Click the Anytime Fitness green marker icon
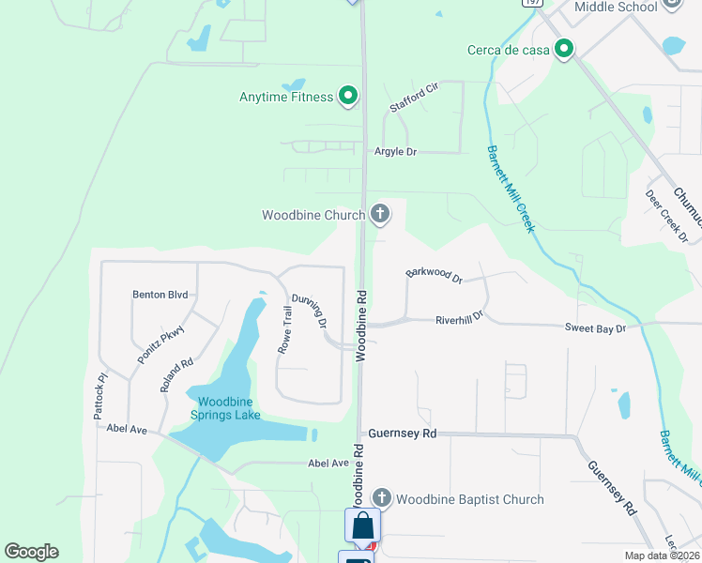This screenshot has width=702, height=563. click(x=348, y=96)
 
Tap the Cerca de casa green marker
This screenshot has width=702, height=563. click(x=564, y=49)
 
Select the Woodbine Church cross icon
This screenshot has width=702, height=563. click(x=380, y=215)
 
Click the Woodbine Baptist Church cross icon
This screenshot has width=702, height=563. click(x=381, y=498)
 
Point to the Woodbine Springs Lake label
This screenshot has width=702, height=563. click(x=225, y=408)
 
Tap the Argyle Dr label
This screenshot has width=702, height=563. click(x=395, y=151)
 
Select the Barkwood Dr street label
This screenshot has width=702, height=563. click(x=435, y=276)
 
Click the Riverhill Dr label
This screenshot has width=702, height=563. click(x=460, y=319)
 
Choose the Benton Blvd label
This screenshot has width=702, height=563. click(x=160, y=294)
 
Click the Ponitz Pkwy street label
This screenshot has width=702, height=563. click(x=161, y=345)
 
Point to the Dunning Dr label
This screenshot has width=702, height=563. click(x=309, y=310)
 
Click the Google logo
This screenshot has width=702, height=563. click(x=32, y=552)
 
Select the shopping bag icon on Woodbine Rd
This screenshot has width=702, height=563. click(x=362, y=525)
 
